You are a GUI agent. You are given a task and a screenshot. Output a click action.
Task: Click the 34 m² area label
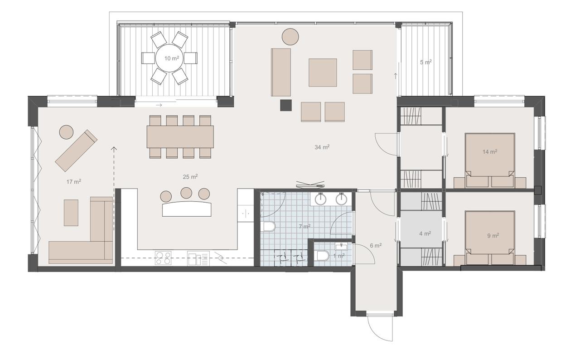[x=322, y=147]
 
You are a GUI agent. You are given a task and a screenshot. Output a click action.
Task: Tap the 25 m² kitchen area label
[x=190, y=177]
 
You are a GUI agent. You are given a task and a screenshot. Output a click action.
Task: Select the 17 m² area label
[x=74, y=182]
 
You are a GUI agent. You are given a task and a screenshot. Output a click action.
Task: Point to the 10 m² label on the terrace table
[x=172, y=58]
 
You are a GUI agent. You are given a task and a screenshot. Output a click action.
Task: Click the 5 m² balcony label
[x=426, y=62]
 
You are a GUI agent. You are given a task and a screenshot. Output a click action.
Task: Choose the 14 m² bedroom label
[x=490, y=152]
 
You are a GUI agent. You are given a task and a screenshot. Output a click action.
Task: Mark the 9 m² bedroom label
[x=493, y=236]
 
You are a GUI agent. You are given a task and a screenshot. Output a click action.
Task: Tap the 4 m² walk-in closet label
[x=425, y=234]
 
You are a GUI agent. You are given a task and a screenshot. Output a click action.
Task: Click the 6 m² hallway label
[x=376, y=246]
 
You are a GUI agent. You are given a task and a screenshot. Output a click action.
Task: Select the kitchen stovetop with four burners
[x=163, y=258]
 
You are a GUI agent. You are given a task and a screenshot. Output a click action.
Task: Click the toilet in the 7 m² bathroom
[x=269, y=226]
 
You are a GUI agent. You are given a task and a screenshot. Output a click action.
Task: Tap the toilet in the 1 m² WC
[x=323, y=256]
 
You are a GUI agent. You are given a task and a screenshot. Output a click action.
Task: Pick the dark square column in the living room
[x=286, y=105]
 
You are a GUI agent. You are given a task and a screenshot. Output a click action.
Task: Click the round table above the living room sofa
[x=290, y=37]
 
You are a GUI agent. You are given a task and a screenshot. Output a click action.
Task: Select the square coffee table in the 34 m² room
[x=323, y=73]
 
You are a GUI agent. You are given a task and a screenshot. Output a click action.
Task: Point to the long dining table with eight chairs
[x=180, y=137]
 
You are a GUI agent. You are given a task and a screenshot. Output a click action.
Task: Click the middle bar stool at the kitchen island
[x=186, y=193]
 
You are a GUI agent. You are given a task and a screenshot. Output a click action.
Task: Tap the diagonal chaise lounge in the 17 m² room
[x=76, y=151]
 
